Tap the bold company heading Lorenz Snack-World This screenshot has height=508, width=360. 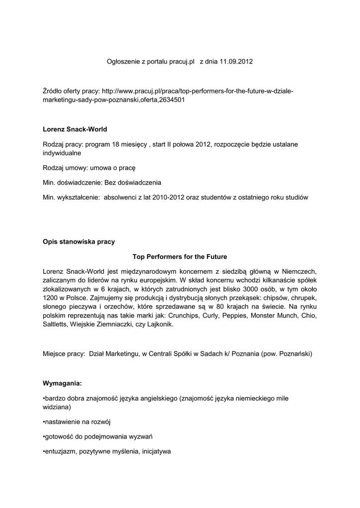tap(75, 129)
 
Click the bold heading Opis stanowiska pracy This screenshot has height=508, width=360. tap(79, 242)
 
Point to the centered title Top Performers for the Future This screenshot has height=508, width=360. tap(180, 256)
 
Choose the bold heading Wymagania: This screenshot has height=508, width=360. tap(63, 383)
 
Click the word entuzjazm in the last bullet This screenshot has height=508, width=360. tap(60, 452)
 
